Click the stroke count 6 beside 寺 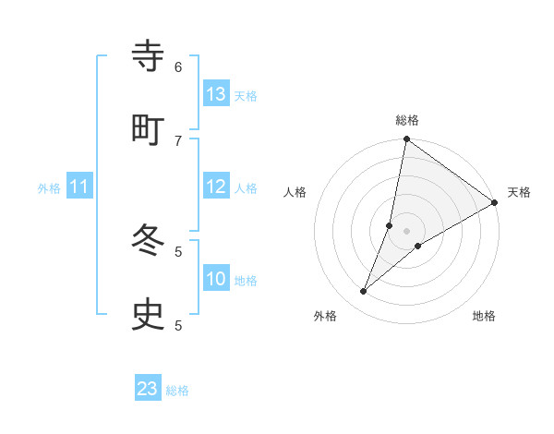(178, 66)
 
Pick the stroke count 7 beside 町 (178, 140)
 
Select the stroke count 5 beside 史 (178, 325)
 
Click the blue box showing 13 (216, 94)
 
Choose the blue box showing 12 (216, 187)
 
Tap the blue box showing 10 (216, 279)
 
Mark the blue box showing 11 (79, 187)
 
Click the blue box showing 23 (148, 389)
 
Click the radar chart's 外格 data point (364, 292)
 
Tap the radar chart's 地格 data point (418, 246)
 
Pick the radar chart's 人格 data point (390, 225)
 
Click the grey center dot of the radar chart (407, 231)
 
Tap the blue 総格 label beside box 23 (177, 391)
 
